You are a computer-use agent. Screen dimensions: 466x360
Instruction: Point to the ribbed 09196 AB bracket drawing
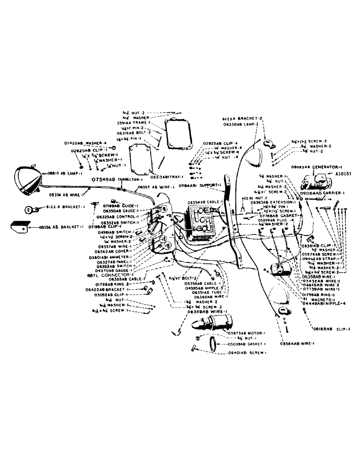[21, 227]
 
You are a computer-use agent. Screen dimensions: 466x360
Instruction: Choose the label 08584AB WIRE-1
[297, 343]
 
